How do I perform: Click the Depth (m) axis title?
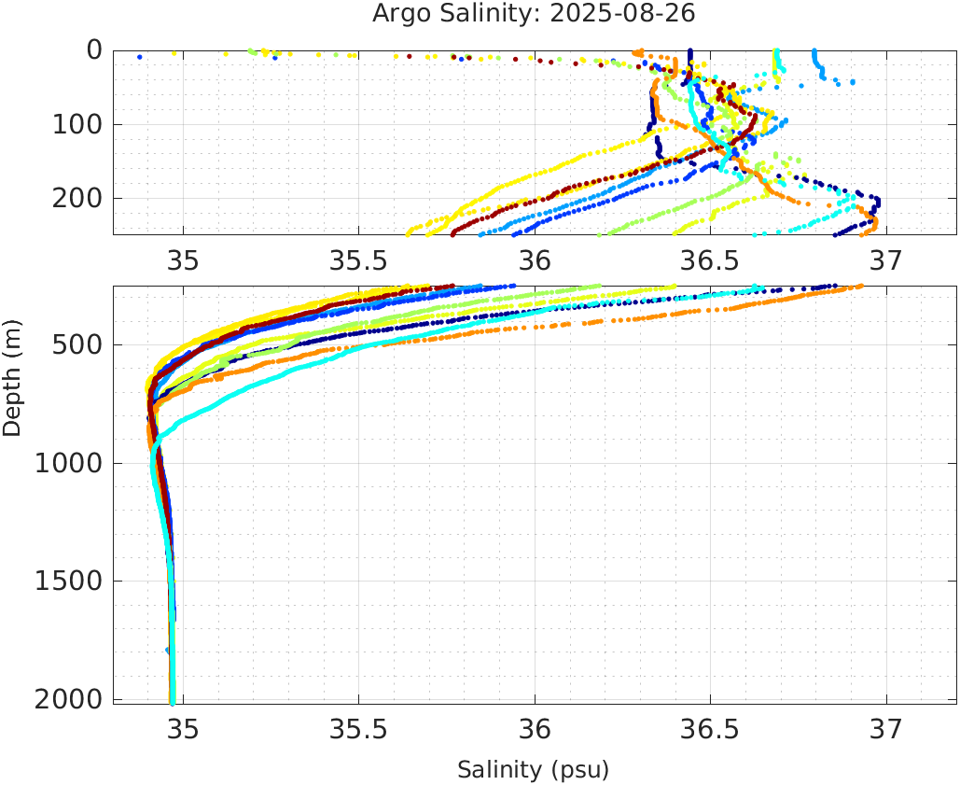coord(12,375)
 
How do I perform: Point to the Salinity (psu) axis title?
coord(533,770)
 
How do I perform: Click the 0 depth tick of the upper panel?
coord(94,49)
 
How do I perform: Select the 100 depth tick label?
coord(76,124)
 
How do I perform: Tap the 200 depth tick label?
coord(76,198)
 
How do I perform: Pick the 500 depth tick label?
coord(76,345)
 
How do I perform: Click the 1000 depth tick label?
coord(67,464)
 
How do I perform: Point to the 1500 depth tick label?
coord(67,582)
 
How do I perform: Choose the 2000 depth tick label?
coord(67,699)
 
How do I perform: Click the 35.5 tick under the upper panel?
coord(358,259)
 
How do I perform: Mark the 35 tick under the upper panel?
coord(183,259)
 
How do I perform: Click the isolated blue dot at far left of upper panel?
coord(140,57)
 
